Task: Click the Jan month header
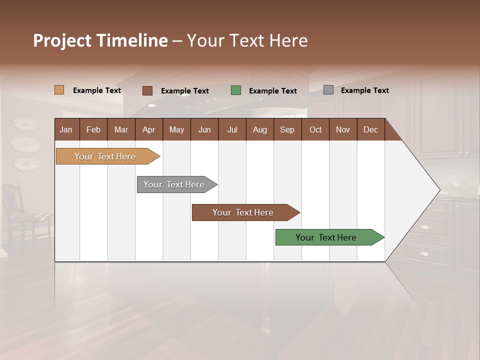point(66,129)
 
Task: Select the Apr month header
point(148,129)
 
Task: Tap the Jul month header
point(232,129)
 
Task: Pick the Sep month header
point(287,129)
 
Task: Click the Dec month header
point(370,129)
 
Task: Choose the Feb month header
point(93,129)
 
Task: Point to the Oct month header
point(315,129)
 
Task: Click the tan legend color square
point(59,90)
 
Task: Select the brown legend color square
point(147,90)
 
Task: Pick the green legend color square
point(236,90)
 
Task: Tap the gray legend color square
point(328,90)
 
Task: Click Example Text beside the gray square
point(364,90)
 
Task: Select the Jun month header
point(204,129)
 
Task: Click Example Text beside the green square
point(272,91)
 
